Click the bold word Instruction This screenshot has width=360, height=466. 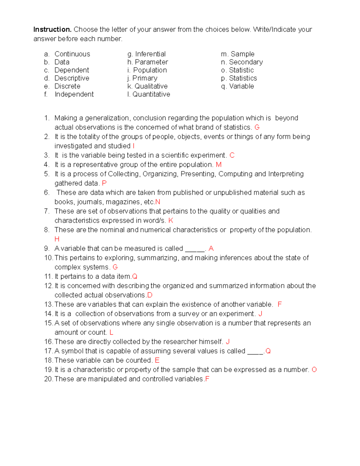point(52,29)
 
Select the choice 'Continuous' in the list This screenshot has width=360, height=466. point(72,54)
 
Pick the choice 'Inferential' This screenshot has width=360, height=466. point(150,54)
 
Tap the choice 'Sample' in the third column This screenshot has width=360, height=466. point(242,54)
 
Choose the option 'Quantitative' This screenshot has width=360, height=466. point(151,94)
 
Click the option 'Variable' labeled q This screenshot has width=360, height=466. point(241,86)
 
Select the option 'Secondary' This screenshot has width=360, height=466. point(246,62)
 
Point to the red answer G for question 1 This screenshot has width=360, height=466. point(257,127)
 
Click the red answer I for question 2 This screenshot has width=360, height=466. point(133,146)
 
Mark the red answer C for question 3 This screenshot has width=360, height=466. point(232,155)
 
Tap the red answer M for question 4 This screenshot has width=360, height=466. point(219,164)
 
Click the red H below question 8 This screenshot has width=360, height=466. point(57,239)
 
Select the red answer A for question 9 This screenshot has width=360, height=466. point(211,248)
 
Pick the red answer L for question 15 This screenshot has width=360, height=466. point(111,332)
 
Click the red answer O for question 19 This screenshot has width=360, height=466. point(314,370)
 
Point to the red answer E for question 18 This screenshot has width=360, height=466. point(157,360)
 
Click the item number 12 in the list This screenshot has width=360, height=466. point(48,286)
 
